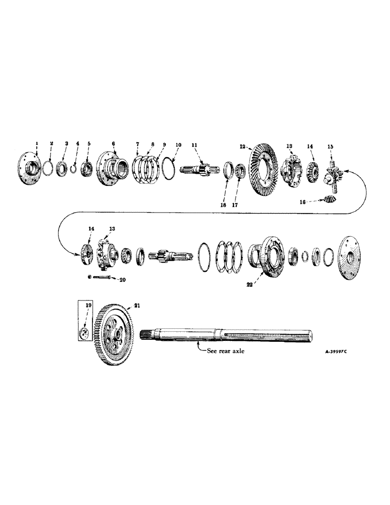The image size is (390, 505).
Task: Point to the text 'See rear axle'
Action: coord(226,352)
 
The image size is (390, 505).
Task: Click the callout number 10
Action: coord(178,145)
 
